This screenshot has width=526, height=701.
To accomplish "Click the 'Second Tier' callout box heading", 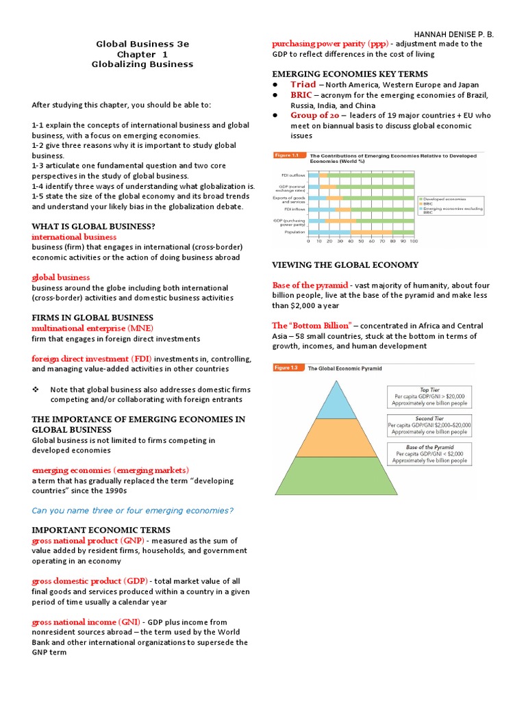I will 429,418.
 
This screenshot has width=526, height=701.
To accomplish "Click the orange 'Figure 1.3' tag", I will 289,368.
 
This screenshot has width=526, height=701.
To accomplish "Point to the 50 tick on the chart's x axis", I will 361,241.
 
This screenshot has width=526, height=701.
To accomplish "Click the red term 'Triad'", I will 303,85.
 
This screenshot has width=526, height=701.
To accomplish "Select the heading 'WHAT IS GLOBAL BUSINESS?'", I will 93,226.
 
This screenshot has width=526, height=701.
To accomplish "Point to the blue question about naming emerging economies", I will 133,511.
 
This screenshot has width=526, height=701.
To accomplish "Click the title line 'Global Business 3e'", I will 142,44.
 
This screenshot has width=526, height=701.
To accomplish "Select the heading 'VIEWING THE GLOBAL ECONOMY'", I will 345,265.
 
